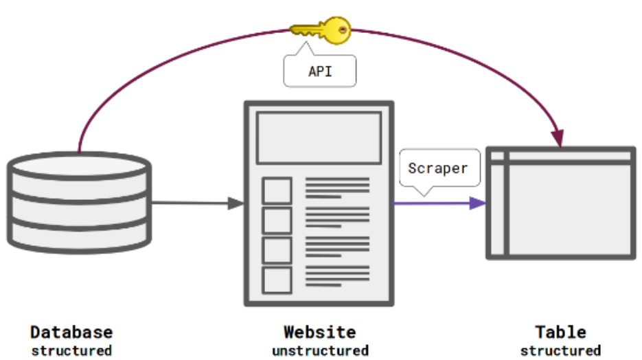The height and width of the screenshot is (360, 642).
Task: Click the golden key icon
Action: pyautogui.click(x=320, y=30)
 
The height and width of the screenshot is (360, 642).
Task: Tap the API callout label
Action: pyautogui.click(x=320, y=71)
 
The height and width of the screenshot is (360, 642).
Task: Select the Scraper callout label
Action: pyautogui.click(x=438, y=168)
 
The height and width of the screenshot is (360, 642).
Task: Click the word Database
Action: pyautogui.click(x=71, y=333)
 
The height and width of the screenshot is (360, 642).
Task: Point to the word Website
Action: pyautogui.click(x=320, y=333)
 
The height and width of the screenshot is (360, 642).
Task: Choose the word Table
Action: pyautogui.click(x=561, y=333)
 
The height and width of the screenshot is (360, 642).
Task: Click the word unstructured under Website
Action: pyautogui.click(x=320, y=350)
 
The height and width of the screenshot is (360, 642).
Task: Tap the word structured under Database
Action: pyautogui.click(x=71, y=350)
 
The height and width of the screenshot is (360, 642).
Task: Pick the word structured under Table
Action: pyautogui.click(x=561, y=350)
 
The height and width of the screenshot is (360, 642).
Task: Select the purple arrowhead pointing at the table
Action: pyautogui.click(x=479, y=203)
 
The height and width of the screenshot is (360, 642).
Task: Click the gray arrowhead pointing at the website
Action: pyautogui.click(x=236, y=203)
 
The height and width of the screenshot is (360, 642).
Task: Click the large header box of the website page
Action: pyautogui.click(x=319, y=138)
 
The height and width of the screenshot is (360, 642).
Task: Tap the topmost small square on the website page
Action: pyautogui.click(x=277, y=190)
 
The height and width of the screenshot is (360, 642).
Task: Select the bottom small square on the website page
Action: pyautogui.click(x=277, y=280)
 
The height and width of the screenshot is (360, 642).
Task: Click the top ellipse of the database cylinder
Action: pyautogui.click(x=79, y=166)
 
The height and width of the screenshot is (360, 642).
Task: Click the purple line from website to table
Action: pyautogui.click(x=433, y=203)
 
